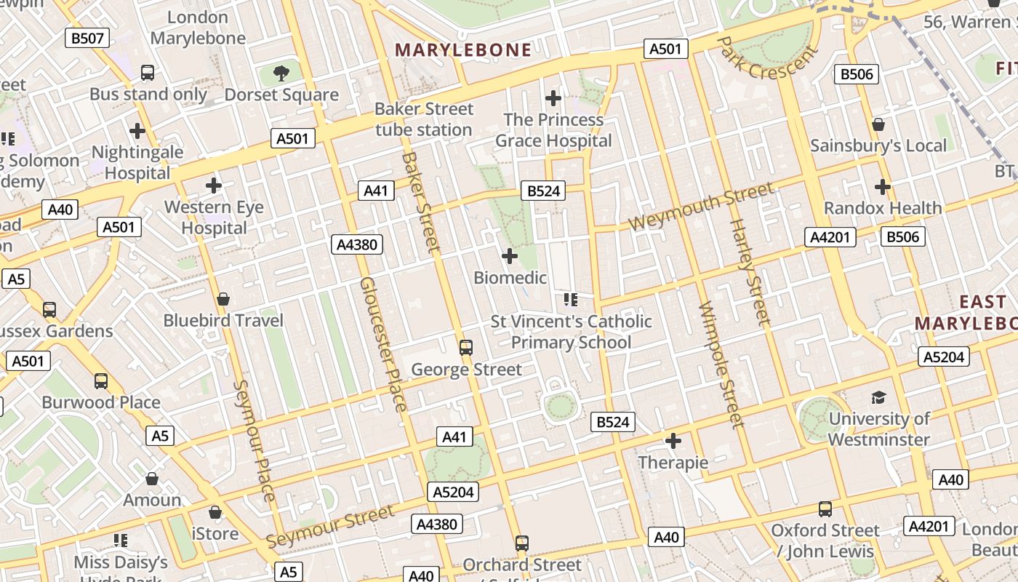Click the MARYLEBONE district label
point(462,49)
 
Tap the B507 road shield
point(87,38)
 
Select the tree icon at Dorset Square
point(281,73)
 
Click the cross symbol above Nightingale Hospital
point(137,131)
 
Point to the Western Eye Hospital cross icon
point(213,186)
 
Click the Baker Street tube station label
point(424,119)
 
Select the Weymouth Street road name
point(701,207)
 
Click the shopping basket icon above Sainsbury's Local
point(878,124)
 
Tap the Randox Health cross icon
point(882,187)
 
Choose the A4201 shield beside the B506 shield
point(831,237)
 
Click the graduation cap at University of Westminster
point(878,397)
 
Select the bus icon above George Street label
point(466,348)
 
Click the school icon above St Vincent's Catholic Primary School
point(570,299)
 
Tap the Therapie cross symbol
point(673,441)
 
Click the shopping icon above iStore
point(215,512)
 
